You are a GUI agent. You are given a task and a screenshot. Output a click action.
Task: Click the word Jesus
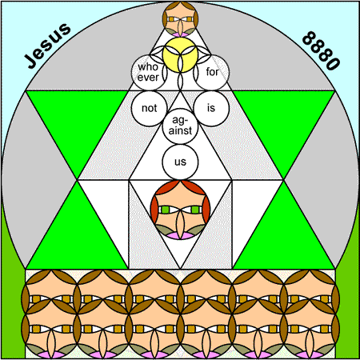(x=47, y=46)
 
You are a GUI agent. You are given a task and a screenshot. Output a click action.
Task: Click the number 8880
(x=322, y=50)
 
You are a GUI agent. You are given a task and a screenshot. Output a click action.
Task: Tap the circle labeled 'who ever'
(x=149, y=72)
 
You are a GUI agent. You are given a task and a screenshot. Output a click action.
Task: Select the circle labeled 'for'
(x=211, y=72)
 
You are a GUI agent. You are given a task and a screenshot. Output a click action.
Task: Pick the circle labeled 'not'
(x=149, y=108)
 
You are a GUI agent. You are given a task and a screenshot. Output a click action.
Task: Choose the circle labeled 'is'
(x=211, y=108)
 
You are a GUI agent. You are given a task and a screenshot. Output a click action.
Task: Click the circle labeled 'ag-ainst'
(x=180, y=126)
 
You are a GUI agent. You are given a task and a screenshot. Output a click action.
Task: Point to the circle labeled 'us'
(x=180, y=162)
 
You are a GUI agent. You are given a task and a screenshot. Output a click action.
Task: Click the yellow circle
(x=180, y=54)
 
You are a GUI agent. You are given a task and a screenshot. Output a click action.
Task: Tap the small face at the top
(x=180, y=18)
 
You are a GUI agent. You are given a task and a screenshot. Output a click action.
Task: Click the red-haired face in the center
(x=180, y=210)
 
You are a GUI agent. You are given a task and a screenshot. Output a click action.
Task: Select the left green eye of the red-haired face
(x=166, y=210)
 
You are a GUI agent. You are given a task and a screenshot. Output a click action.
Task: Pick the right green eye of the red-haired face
(x=195, y=210)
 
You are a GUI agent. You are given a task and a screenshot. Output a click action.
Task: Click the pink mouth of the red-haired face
(x=180, y=236)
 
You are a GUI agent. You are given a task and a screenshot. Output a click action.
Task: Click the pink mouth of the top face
(x=180, y=34)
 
